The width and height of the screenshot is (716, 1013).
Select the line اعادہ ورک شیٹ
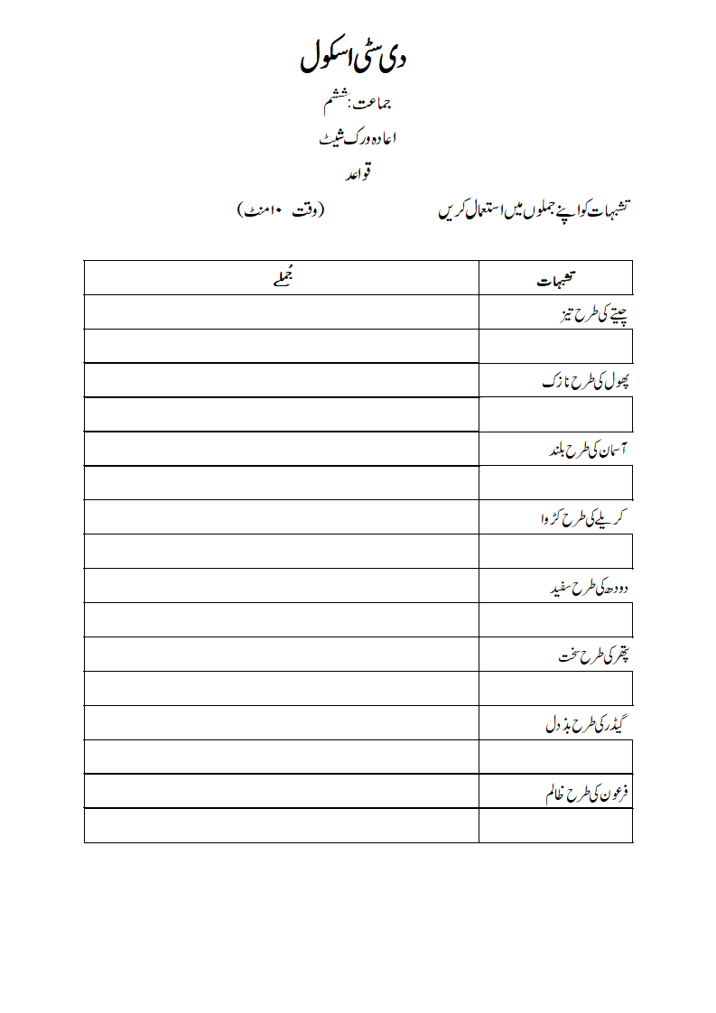pos(358,138)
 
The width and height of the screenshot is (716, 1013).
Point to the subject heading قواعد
pos(358,172)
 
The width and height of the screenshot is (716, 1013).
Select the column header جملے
pos(281,278)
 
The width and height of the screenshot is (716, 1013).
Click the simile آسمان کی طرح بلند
pos(588,450)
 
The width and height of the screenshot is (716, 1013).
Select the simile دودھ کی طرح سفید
pos(590,588)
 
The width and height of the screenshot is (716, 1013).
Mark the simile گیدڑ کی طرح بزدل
pos(590,724)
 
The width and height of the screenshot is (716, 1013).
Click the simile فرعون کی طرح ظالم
pos(586,793)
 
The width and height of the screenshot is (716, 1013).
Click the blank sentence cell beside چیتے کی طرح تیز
pos(281,312)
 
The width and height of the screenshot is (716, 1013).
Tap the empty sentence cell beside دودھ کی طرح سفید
pos(281,586)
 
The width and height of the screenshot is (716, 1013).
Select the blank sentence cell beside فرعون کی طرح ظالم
pos(281,792)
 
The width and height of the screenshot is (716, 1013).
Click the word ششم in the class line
pos(334,102)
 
